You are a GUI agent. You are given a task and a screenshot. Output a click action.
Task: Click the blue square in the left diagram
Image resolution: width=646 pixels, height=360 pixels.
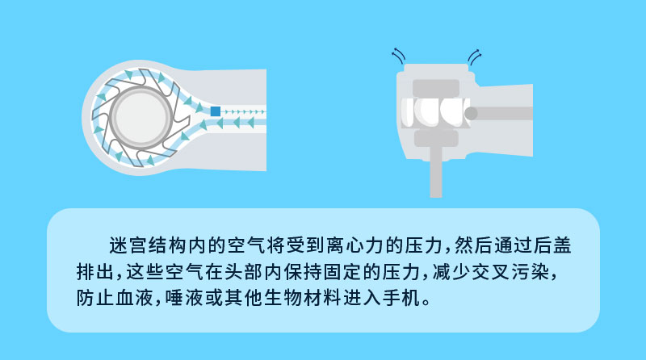coord(215,111)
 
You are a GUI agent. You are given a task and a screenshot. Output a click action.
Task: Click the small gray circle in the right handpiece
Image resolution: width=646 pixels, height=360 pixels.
coord(471,113)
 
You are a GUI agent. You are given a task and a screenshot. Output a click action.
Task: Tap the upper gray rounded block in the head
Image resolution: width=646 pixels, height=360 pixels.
coord(436,86)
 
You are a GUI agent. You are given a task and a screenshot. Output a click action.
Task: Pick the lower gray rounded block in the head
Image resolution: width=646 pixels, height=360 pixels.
coord(436,138)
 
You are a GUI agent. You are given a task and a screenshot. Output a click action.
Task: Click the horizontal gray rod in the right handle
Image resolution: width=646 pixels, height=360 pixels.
coord(505,113)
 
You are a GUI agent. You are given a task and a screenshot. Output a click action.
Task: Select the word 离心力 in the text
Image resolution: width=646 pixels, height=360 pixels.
coord(373,244)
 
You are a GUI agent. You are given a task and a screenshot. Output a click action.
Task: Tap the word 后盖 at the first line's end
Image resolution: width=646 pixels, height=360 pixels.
coord(561,244)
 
